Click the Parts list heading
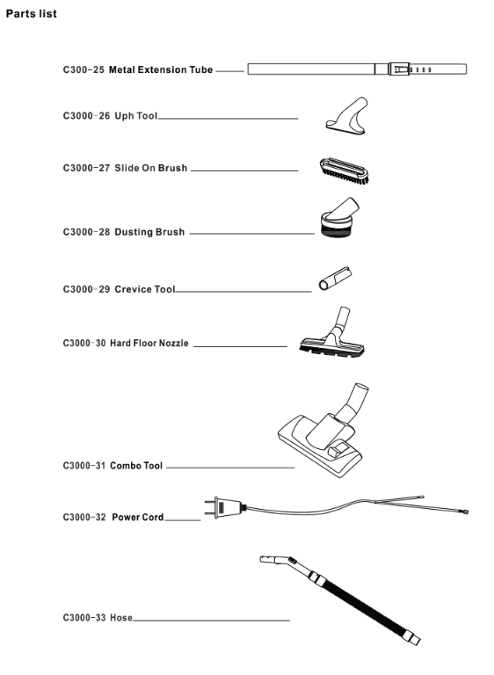click(x=31, y=14)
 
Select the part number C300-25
click(x=84, y=69)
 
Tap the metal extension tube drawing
click(x=357, y=69)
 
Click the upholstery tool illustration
click(x=346, y=116)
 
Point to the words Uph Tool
click(x=136, y=116)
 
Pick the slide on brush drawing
click(x=344, y=171)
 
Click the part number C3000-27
click(x=86, y=168)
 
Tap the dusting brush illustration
click(x=340, y=218)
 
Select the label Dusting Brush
click(x=149, y=232)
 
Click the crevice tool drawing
click(x=335, y=279)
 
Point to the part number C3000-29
click(x=86, y=289)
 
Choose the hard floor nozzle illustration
click(x=332, y=332)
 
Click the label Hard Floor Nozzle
click(x=149, y=343)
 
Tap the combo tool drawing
click(x=323, y=432)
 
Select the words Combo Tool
click(x=136, y=466)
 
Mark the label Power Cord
click(x=138, y=517)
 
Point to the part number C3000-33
click(x=84, y=618)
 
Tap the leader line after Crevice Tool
click(x=243, y=292)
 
